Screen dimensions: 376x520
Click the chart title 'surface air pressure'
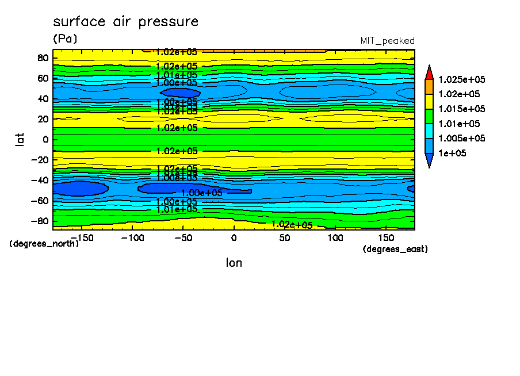point(125,22)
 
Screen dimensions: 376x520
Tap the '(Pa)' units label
point(64,39)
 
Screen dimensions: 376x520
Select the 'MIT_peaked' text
point(387,41)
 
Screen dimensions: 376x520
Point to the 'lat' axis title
point(20,139)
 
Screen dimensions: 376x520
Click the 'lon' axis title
point(234,263)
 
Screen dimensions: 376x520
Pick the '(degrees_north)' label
point(44,243)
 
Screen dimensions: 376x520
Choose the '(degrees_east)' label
point(395,249)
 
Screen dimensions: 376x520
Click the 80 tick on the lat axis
point(42,57)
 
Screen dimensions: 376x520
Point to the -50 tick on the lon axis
point(182,237)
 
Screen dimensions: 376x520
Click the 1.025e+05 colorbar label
point(462,79)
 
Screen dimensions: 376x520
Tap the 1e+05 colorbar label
point(453,154)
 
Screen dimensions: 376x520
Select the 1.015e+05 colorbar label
point(462,109)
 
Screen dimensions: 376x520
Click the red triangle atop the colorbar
point(429,72)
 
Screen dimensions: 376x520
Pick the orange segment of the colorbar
point(429,86)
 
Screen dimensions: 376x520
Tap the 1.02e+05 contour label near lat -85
point(292,225)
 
